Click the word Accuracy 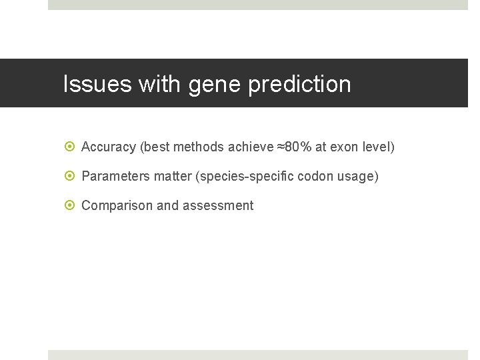point(109,147)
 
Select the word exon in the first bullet point(343,147)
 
